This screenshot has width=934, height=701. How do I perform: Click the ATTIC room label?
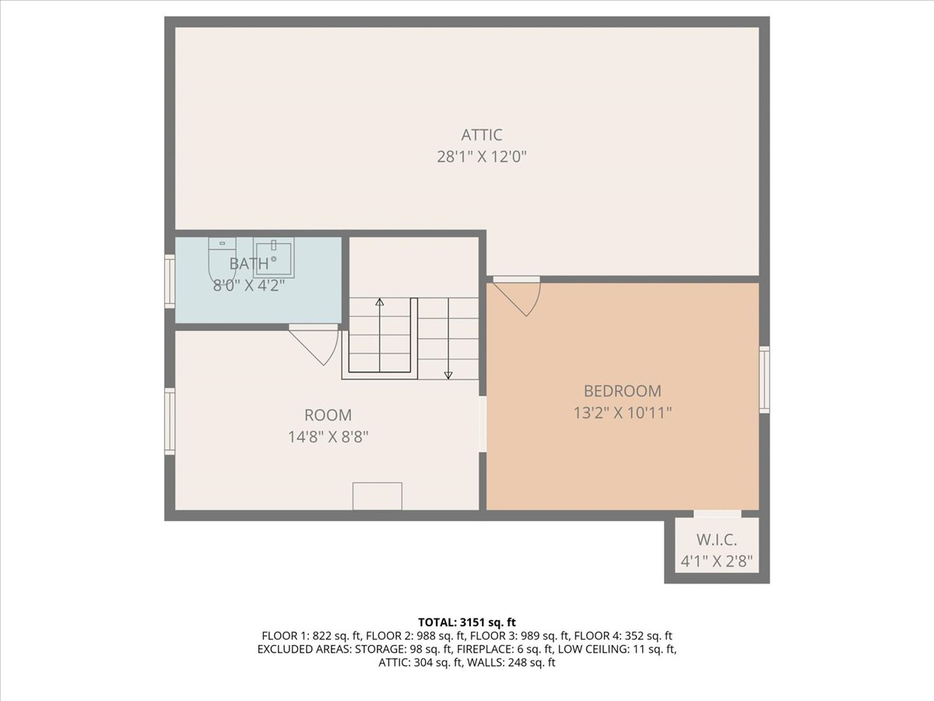[x=482, y=135]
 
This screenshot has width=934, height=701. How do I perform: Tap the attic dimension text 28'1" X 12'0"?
[x=482, y=157]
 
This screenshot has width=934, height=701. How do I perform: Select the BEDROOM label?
[x=623, y=391]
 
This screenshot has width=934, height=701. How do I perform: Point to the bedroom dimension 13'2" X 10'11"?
[x=623, y=413]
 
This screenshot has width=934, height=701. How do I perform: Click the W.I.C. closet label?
[x=717, y=540]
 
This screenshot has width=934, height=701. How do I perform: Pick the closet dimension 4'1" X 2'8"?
[x=717, y=562]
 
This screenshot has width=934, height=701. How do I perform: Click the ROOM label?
[x=328, y=415]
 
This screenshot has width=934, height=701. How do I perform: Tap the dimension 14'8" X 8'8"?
[x=328, y=437]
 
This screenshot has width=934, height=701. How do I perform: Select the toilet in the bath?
[x=222, y=259]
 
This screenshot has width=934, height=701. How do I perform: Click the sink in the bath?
[x=274, y=258]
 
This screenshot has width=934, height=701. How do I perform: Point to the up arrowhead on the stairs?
[x=380, y=302]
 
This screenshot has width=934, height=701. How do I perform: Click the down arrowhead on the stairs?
[x=448, y=375]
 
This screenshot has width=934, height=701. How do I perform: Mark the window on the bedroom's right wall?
[x=764, y=379]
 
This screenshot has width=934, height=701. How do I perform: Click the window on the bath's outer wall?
[x=170, y=281]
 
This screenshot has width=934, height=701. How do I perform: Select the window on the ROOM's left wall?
[x=170, y=421]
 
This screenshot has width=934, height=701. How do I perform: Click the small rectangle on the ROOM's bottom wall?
[x=377, y=496]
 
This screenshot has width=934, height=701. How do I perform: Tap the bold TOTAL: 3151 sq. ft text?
[x=467, y=622]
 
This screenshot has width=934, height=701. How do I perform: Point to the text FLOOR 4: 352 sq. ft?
[x=623, y=636]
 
